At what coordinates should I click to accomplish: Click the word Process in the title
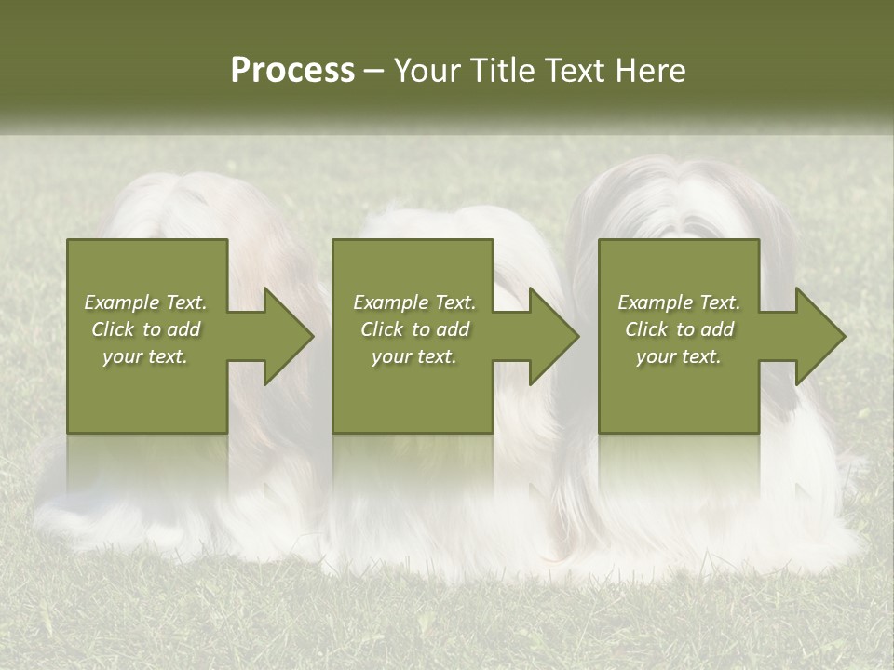[x=292, y=71]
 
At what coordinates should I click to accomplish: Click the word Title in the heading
[x=503, y=71]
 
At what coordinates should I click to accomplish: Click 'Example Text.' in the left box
[x=145, y=302]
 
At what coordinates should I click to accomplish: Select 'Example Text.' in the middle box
[x=414, y=302]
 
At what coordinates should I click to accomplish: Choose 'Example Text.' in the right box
[x=679, y=302]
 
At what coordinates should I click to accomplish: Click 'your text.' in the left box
[x=145, y=356]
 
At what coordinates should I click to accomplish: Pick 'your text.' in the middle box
[x=414, y=356]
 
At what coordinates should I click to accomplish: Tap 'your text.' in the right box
[x=679, y=356]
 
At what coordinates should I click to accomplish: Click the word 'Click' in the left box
[x=113, y=329]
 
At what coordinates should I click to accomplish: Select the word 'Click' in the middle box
[x=382, y=329]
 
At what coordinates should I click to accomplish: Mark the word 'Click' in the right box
[x=646, y=329]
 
